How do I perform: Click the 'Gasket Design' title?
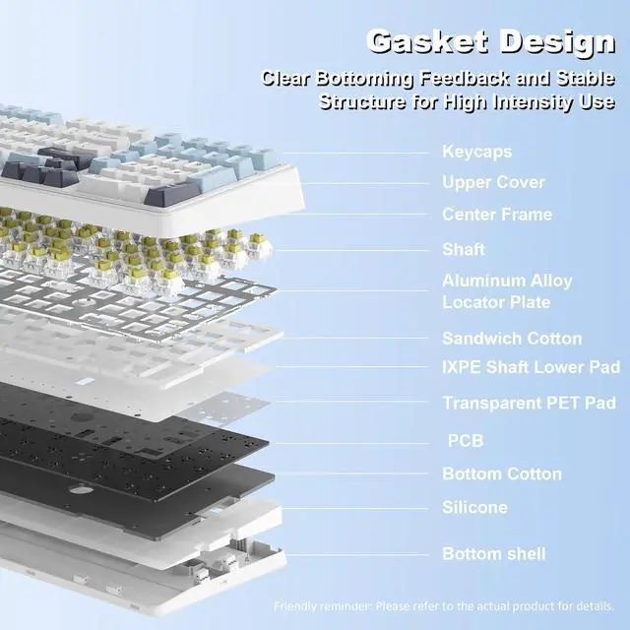tap(490, 42)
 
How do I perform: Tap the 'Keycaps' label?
tap(476, 152)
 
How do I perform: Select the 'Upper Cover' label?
tap(493, 182)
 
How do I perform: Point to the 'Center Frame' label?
tap(497, 215)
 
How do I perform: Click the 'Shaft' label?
tap(464, 249)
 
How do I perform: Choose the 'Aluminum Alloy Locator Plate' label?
tap(507, 291)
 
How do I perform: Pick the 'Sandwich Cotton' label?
tap(512, 339)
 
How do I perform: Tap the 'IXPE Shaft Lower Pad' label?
tap(532, 367)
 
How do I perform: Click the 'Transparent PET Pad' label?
tap(530, 403)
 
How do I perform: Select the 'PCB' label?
tap(466, 441)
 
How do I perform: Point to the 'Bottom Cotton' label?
tap(502, 474)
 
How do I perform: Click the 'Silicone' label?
tap(474, 507)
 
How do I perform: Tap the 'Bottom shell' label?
tap(494, 554)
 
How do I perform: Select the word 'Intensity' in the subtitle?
tap(534, 102)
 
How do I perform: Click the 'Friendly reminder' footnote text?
tap(444, 605)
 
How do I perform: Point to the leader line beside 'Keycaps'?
tap(355, 153)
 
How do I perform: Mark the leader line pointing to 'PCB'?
tap(348, 444)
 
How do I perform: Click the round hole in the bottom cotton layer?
tap(81, 490)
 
